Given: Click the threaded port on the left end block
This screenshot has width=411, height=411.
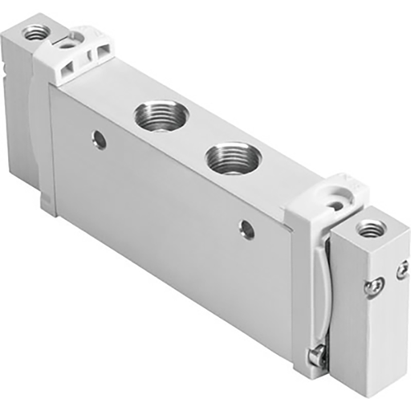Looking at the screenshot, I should pos(35,33).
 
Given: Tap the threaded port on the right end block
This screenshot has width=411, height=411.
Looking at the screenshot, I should pos(371,230).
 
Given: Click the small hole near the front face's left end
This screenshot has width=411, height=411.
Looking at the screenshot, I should pos(100,141).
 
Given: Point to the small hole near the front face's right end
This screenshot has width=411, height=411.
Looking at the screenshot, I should pos(247,230).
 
